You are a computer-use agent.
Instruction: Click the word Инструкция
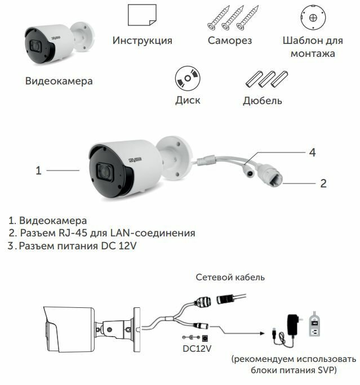click(x=142, y=41)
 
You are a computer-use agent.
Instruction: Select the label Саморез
click(x=229, y=41)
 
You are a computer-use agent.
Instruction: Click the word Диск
click(x=188, y=101)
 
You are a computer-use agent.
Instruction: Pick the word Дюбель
click(x=263, y=101)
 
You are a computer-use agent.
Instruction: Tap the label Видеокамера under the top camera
click(x=59, y=81)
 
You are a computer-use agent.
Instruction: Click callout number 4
click(x=312, y=153)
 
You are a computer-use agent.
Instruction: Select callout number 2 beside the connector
click(x=323, y=183)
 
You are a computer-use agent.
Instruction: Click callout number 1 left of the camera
click(x=39, y=170)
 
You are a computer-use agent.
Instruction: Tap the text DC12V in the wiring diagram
click(x=197, y=348)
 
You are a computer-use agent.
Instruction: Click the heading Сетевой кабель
click(x=230, y=277)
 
